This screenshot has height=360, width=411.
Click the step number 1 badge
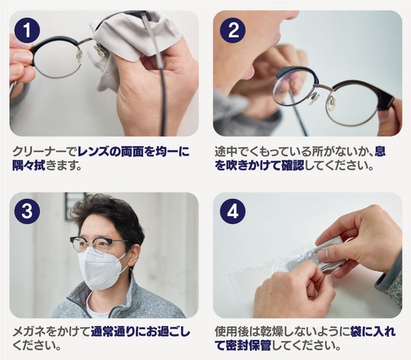28,30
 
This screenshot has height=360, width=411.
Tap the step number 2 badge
232,30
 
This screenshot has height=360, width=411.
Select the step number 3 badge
28,211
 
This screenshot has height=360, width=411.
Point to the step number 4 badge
232,211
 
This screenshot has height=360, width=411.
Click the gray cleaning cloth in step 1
131,39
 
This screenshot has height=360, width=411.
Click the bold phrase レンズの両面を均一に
134,151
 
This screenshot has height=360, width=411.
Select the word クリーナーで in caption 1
45,151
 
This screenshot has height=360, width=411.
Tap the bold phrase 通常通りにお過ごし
141,332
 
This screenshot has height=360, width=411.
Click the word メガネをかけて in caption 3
51,332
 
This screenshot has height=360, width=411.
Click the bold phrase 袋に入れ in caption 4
373,332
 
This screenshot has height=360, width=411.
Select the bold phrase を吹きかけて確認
259,166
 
